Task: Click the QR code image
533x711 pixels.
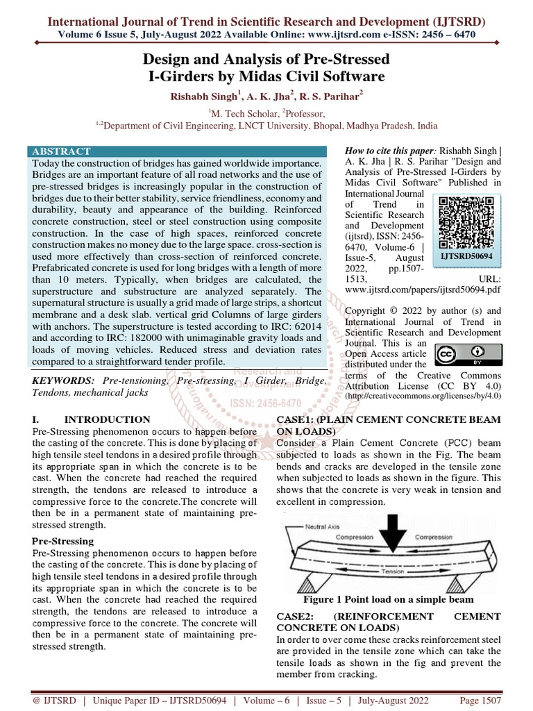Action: (x=459, y=221)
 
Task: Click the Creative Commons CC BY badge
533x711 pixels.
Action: (x=459, y=355)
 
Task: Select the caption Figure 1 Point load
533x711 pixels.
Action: (x=388, y=599)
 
